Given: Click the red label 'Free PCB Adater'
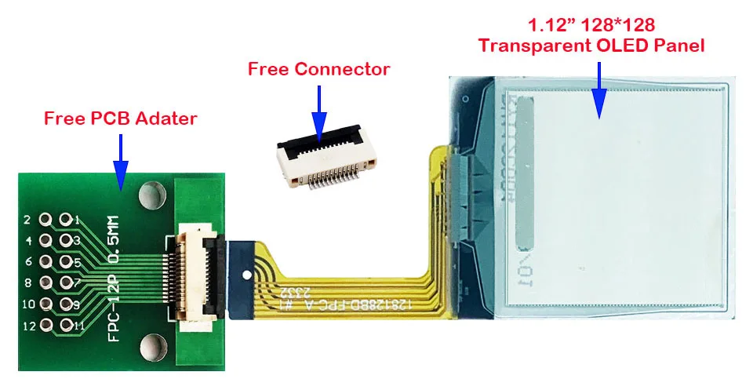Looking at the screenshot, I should pyautogui.click(x=120, y=118).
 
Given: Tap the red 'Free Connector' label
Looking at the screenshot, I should pyautogui.click(x=318, y=69).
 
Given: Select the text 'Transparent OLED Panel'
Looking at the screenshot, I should pyautogui.click(x=591, y=46).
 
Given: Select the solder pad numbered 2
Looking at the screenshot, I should pyautogui.click(x=45, y=220).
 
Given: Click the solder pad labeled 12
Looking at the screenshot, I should pyautogui.click(x=45, y=324).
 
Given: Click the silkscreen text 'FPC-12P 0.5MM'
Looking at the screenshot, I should pyautogui.click(x=113, y=278).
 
